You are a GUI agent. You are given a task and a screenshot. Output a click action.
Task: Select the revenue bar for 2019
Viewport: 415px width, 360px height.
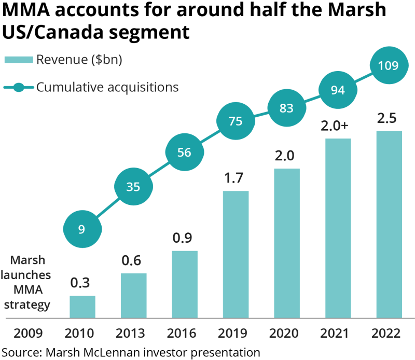tap(236, 254)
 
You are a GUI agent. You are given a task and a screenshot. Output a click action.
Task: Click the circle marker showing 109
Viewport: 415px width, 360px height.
tap(389, 65)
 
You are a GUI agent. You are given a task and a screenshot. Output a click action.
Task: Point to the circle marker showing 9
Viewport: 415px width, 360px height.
tap(82, 229)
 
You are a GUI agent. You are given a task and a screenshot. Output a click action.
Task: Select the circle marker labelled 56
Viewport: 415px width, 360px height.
tap(184, 153)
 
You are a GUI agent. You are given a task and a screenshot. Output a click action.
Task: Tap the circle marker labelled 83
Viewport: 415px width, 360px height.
tap(286, 108)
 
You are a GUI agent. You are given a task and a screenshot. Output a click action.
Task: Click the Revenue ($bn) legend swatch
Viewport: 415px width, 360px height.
tap(19, 60)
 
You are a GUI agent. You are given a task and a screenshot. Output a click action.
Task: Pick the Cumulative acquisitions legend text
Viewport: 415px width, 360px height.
tap(107, 87)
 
